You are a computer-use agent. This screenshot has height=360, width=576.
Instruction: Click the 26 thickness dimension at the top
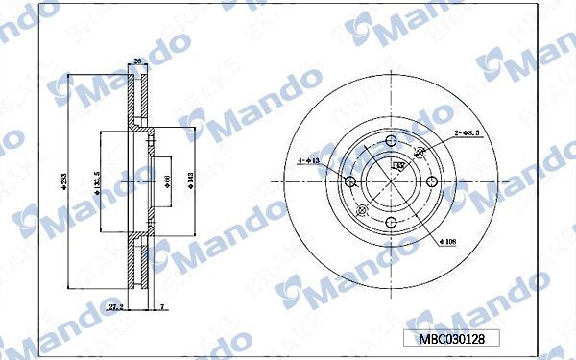[x=137, y=61]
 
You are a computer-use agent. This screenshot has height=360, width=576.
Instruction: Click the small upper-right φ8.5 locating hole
[x=419, y=152]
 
